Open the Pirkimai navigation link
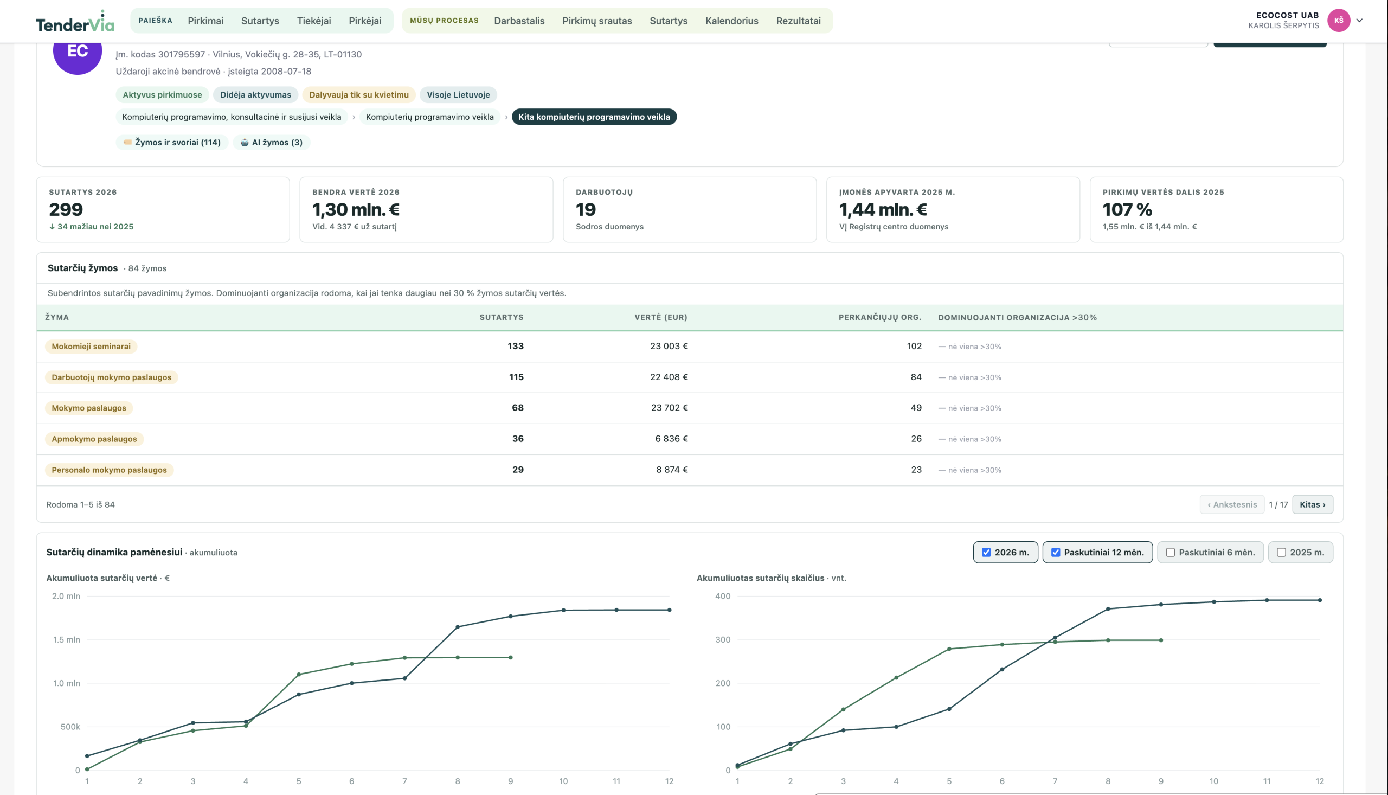tap(205, 21)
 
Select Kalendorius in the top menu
tap(731, 21)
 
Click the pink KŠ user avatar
tap(1338, 20)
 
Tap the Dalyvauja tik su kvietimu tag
tap(358, 94)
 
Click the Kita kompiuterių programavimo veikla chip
tap(594, 117)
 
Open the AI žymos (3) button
tap(272, 143)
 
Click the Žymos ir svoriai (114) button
tap(172, 143)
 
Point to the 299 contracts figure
tap(66, 210)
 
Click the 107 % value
tap(1127, 210)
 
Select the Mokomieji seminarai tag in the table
tap(91, 346)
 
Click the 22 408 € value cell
tap(669, 377)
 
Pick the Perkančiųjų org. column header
tap(879, 317)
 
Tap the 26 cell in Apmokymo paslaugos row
tap(916, 439)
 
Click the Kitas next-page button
tap(1312, 504)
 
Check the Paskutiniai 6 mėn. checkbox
tap(1170, 553)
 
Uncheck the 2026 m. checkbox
tap(986, 553)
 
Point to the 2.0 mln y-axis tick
tap(66, 597)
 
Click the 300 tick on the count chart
tap(723, 640)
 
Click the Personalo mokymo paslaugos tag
tap(109, 470)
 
